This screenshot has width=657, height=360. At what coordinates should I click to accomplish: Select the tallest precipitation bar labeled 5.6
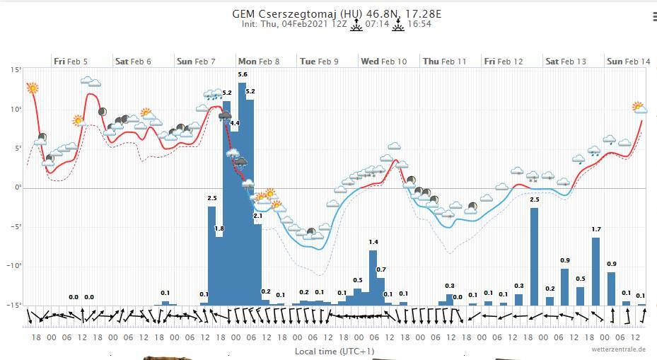coord(242,191)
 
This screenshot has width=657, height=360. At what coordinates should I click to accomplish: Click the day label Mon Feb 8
coord(258,62)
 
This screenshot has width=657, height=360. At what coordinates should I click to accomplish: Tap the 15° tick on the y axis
coord(16,70)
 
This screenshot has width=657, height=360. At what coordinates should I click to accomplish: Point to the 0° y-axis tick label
coord(18,187)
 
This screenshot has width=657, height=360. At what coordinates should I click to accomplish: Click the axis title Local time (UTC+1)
coord(335,351)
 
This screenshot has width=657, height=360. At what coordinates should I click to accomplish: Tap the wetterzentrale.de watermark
coord(619,349)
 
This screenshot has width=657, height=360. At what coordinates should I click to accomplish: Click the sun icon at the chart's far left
coord(32,88)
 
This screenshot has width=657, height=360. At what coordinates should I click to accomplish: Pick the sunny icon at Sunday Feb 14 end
coord(639,108)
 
